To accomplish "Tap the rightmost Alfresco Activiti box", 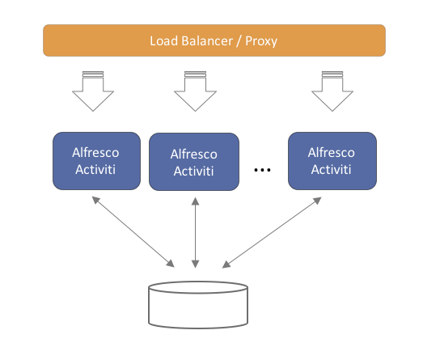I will pos(332,160).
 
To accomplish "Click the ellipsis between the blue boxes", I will pos(263,171).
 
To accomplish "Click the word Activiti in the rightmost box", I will pos(332,169).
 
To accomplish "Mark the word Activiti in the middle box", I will pos(194,171).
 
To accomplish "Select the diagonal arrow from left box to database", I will pos(134,231).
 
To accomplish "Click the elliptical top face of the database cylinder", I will pos(198,287).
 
